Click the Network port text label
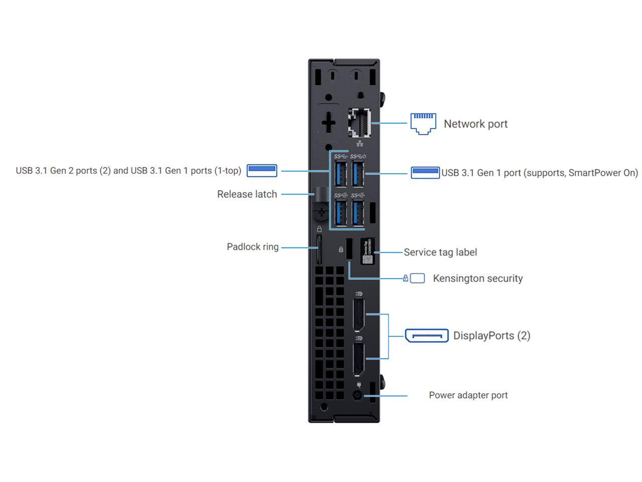click(x=475, y=124)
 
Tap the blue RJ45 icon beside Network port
click(x=423, y=124)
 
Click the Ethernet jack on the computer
click(x=360, y=123)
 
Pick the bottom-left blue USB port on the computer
click(x=341, y=213)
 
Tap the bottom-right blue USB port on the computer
click(x=358, y=213)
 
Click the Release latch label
click(x=247, y=194)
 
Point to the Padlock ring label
click(x=252, y=247)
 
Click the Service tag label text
click(x=440, y=253)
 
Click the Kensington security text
click(x=477, y=279)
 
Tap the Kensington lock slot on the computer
click(x=350, y=250)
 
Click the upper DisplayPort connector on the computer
click(x=358, y=314)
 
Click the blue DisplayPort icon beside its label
click(x=426, y=335)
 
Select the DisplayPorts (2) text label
click(x=492, y=336)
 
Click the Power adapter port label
click(x=468, y=396)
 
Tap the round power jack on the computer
click(x=357, y=396)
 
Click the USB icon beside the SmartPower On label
click(x=425, y=172)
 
